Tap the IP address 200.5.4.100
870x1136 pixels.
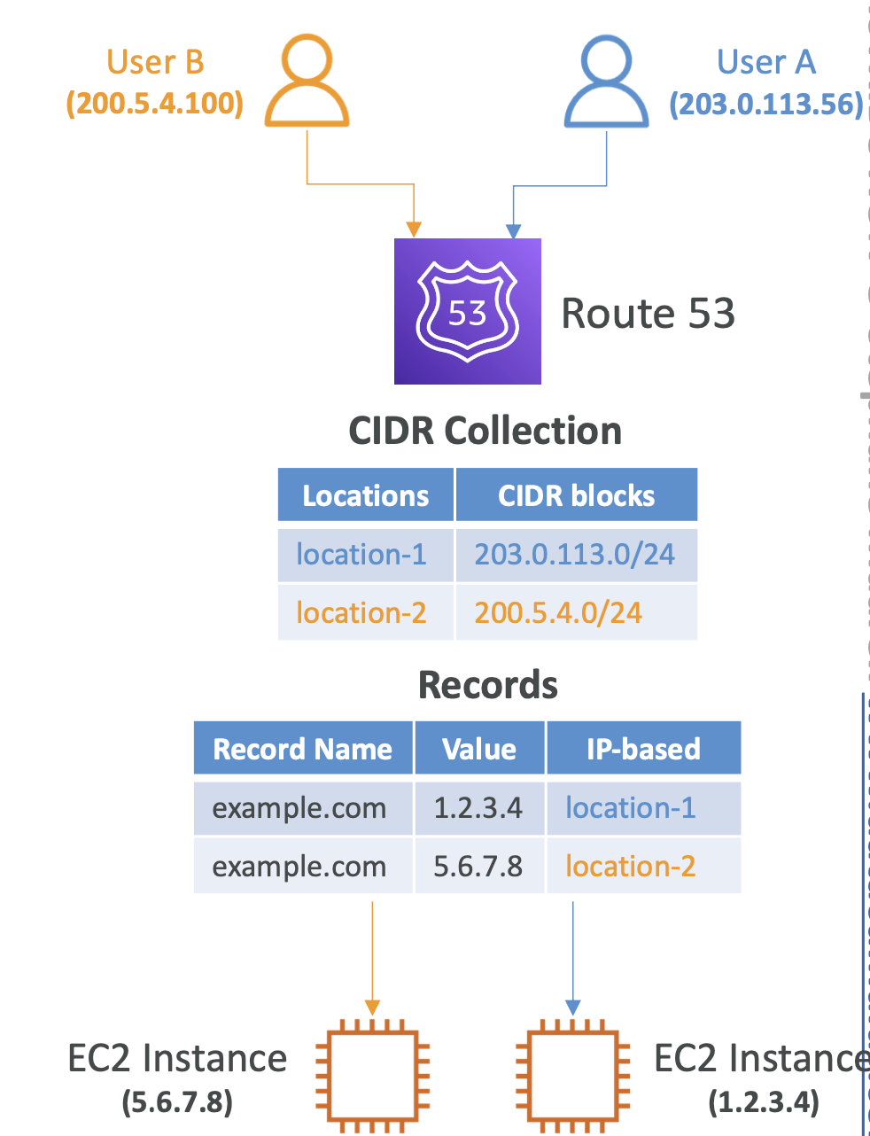[155, 104]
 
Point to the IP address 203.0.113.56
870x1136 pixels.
[766, 104]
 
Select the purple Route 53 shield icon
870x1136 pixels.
[467, 311]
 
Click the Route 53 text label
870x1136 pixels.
[648, 313]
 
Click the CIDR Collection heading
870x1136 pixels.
[485, 431]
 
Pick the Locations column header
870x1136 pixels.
[365, 495]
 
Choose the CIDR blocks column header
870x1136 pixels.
[577, 495]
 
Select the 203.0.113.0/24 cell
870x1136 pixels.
[577, 555]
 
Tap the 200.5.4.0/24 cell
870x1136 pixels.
[577, 612]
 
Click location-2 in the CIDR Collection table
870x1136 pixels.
[361, 612]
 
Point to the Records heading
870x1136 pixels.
[487, 685]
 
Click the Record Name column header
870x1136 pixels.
[303, 749]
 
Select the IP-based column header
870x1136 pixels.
[644, 749]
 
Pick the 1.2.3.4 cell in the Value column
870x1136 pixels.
[479, 808]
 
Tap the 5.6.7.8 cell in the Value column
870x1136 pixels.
[479, 867]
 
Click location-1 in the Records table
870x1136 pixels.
[631, 808]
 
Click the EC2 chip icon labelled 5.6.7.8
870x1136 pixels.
[373, 1077]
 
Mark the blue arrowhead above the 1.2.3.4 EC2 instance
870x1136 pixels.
[573, 1008]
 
